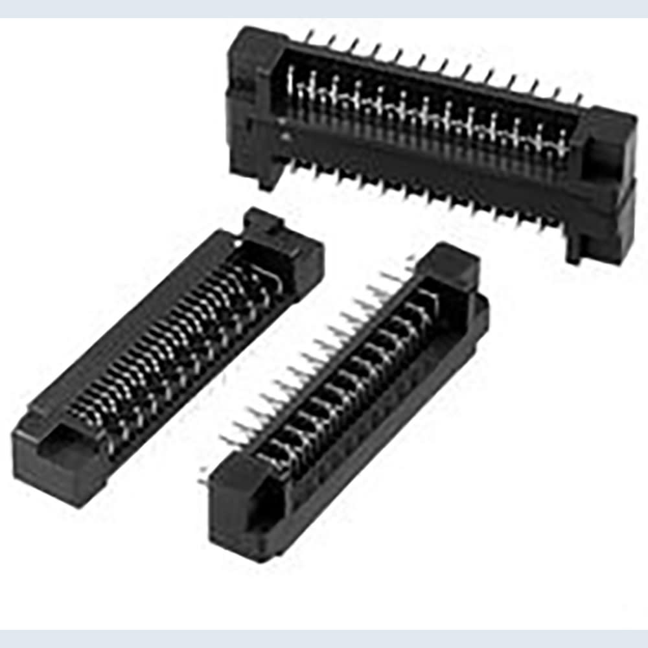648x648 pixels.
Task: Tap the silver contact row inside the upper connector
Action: point(428,113)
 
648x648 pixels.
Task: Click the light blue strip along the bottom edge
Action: point(324,638)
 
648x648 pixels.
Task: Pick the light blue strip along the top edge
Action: point(324,8)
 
